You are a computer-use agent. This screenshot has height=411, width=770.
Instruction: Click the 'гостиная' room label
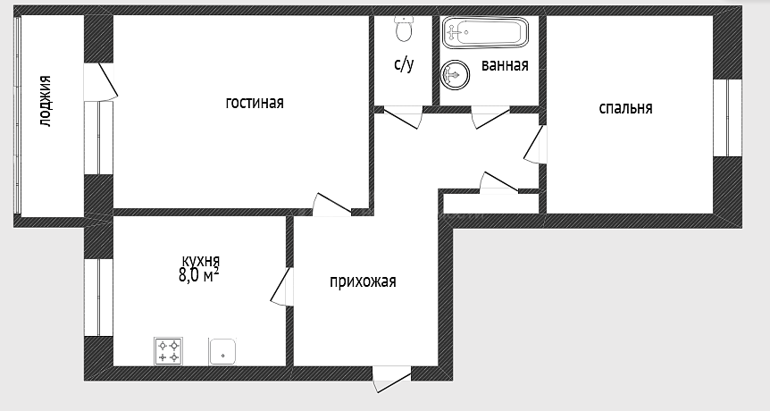[255, 103]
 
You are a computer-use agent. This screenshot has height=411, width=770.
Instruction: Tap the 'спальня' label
[625, 108]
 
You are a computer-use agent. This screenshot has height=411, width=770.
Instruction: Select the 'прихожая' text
[363, 281]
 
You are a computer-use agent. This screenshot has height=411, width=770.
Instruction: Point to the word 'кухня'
[201, 260]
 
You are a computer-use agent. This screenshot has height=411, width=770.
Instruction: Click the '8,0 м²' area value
[199, 275]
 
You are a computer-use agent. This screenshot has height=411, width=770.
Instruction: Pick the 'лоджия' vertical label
[46, 101]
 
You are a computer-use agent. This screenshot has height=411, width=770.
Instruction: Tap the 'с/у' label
[404, 65]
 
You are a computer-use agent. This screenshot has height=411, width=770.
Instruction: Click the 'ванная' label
[505, 65]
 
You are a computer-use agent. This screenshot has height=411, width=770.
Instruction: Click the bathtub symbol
[485, 32]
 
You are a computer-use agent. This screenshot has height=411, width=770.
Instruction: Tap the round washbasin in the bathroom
[455, 75]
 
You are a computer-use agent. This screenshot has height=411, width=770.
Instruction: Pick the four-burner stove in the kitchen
[169, 350]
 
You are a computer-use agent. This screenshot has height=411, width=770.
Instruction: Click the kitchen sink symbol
[222, 352]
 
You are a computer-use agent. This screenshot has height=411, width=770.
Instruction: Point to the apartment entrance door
[391, 380]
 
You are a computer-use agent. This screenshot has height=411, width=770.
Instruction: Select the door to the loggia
[101, 82]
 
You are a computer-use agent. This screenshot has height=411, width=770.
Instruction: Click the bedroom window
[728, 118]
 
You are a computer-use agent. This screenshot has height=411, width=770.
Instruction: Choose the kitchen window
[98, 298]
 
